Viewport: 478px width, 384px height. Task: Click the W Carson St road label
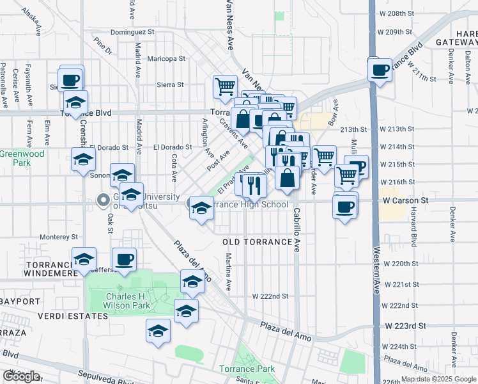(x=405, y=200)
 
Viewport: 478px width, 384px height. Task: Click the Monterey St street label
(x=59, y=236)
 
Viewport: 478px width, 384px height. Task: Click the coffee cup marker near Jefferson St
(x=124, y=260)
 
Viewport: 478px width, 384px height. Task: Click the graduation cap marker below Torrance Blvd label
(x=76, y=102)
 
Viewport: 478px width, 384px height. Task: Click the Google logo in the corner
(x=21, y=376)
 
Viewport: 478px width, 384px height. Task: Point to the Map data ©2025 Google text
(x=437, y=379)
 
